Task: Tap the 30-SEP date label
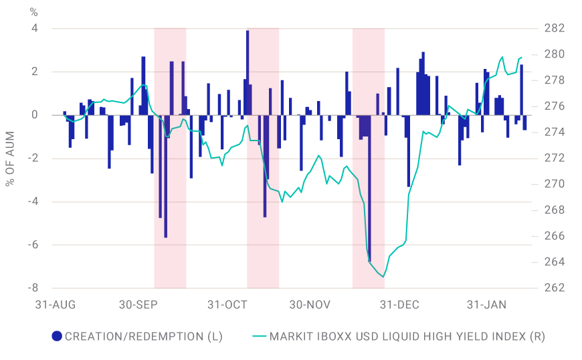click(139, 304)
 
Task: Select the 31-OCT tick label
click(227, 304)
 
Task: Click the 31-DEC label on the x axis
click(399, 304)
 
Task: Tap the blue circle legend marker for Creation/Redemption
click(57, 337)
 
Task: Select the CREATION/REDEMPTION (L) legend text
click(144, 337)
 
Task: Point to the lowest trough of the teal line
click(383, 276)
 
